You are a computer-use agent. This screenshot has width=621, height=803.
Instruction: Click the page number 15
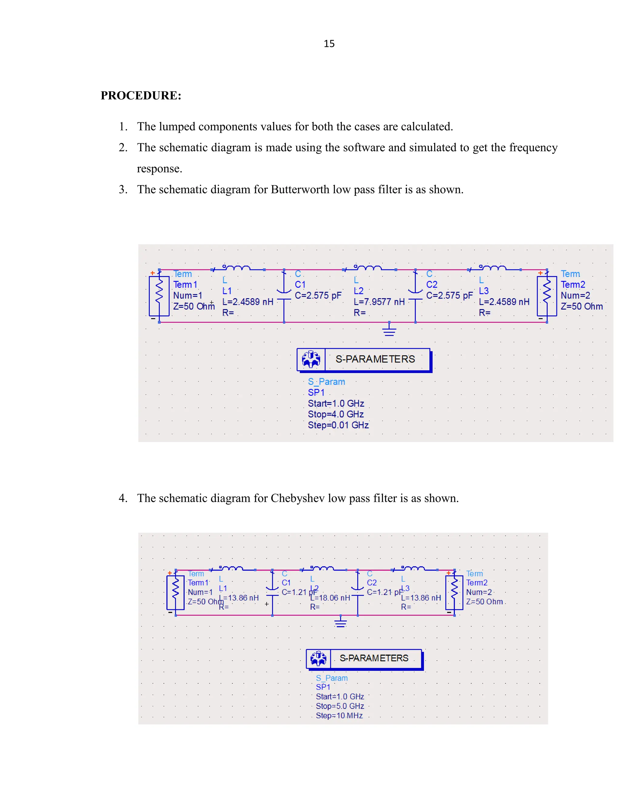[x=329, y=44]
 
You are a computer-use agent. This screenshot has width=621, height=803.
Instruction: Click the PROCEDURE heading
[x=141, y=95]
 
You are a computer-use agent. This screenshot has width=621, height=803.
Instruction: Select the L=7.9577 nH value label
[x=379, y=302]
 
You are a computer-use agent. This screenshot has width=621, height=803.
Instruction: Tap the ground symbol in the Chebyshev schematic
[x=341, y=621]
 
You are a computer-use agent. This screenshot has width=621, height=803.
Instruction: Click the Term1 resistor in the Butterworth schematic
[x=159, y=296]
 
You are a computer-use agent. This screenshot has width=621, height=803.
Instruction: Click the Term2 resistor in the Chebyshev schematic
[x=454, y=592]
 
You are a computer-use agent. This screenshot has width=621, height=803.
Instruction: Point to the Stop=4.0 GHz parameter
[x=336, y=414]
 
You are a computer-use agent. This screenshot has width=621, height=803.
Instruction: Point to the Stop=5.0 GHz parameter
[x=340, y=706]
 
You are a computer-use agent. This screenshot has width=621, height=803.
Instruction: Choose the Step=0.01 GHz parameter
[x=338, y=425]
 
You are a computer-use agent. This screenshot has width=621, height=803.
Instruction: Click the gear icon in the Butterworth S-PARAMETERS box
[x=311, y=359]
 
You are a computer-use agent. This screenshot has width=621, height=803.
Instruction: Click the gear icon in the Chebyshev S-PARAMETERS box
[x=318, y=658]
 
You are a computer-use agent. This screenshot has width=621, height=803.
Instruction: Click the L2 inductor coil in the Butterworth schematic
[x=368, y=268]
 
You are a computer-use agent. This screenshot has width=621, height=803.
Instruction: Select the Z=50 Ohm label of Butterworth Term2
[x=582, y=306]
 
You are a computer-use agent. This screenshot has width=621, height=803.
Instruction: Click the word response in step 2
[x=159, y=169]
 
